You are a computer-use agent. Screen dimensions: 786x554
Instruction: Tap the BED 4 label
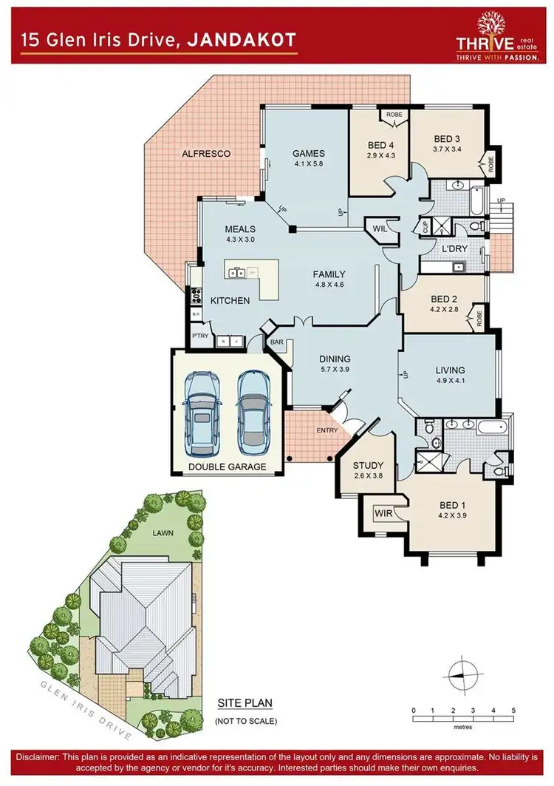[380, 145]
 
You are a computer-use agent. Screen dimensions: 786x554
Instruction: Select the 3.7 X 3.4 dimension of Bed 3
[447, 149]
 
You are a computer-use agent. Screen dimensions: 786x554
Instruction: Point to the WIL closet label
[381, 228]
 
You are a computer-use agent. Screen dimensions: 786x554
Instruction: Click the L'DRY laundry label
[454, 248]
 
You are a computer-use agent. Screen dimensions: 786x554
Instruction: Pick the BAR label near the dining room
[277, 343]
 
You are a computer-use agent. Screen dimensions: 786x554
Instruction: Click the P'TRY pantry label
[200, 335]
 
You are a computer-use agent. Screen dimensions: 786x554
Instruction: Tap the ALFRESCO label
[206, 154]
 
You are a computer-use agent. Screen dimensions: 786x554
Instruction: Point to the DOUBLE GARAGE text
[226, 467]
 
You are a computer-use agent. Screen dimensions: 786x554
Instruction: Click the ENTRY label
[326, 430]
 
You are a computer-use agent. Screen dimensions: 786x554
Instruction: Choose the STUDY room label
[367, 465]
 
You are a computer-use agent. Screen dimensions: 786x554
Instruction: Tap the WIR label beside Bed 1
[383, 512]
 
